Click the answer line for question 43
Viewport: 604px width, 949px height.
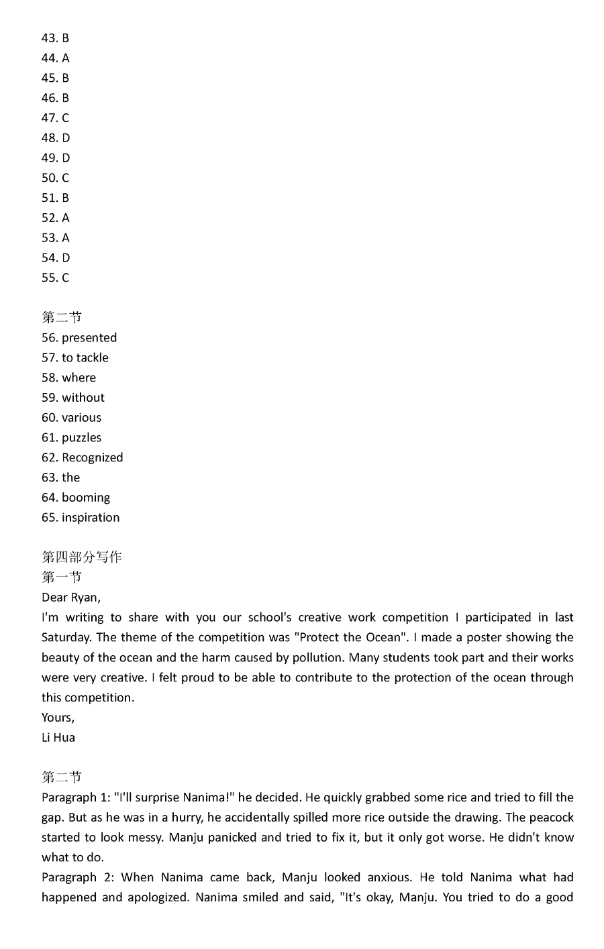(x=55, y=38)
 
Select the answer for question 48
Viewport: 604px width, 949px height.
(x=56, y=138)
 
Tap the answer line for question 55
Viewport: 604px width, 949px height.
(x=55, y=278)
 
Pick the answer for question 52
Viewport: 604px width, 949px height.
(x=55, y=218)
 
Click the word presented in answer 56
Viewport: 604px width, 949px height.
(x=89, y=338)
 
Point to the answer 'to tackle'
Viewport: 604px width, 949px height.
(x=85, y=358)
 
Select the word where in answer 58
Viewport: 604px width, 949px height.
(x=79, y=378)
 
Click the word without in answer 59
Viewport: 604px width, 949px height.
(x=83, y=398)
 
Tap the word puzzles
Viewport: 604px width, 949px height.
(x=82, y=438)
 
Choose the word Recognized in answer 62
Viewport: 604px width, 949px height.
(x=93, y=457)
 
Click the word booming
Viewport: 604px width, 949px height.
(x=86, y=498)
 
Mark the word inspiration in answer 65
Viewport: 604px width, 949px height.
(x=91, y=518)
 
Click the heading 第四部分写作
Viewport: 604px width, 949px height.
(x=82, y=557)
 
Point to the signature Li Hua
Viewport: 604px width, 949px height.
(x=58, y=738)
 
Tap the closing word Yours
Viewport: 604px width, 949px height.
(x=58, y=718)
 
